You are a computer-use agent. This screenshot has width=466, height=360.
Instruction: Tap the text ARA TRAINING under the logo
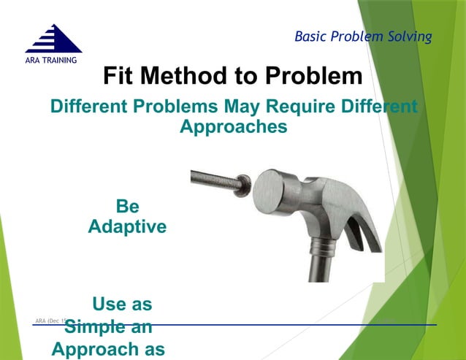pos(51,60)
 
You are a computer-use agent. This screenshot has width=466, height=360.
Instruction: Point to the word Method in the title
pos(191,76)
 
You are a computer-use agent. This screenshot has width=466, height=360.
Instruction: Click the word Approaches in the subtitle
pos(233,126)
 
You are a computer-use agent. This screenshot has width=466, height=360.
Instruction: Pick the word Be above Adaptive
pos(127,207)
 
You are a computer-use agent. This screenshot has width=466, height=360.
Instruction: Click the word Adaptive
pos(127,227)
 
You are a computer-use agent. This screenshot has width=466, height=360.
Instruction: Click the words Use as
pos(122,304)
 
